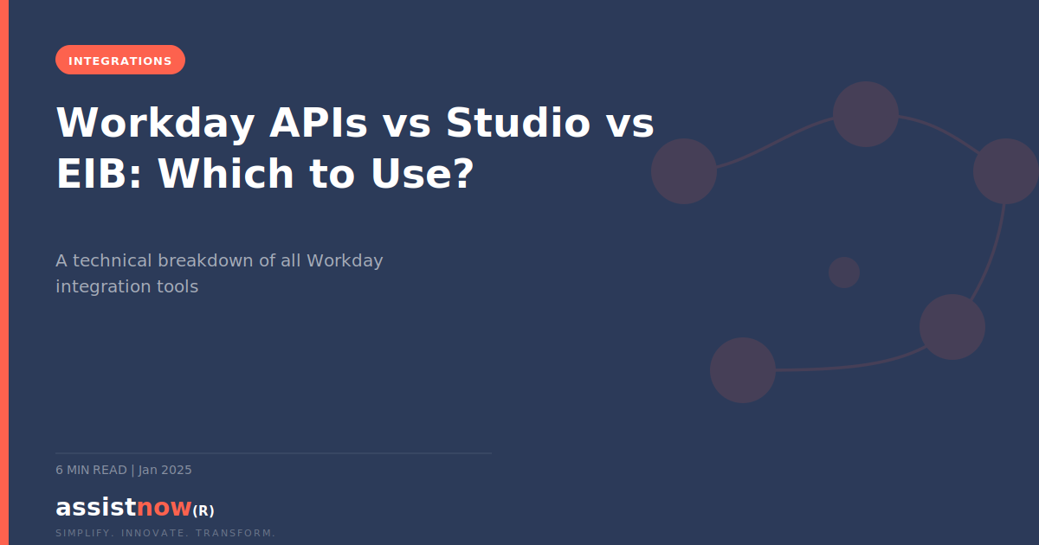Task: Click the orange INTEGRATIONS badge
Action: pyautogui.click(x=120, y=61)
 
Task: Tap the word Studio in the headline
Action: pyautogui.click(x=518, y=123)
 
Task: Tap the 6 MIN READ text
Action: pyautogui.click(x=91, y=470)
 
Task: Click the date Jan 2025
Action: pyautogui.click(x=165, y=470)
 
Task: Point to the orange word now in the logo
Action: pyautogui.click(x=164, y=507)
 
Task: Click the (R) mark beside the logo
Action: pyautogui.click(x=203, y=510)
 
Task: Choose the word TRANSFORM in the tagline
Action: pyautogui.click(x=236, y=533)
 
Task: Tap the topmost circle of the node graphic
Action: pyautogui.click(x=866, y=114)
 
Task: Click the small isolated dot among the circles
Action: pyautogui.click(x=844, y=272)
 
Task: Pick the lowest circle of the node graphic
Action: pyautogui.click(x=743, y=370)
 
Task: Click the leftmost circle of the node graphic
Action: pyautogui.click(x=684, y=171)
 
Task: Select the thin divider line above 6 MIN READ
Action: pyautogui.click(x=274, y=452)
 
